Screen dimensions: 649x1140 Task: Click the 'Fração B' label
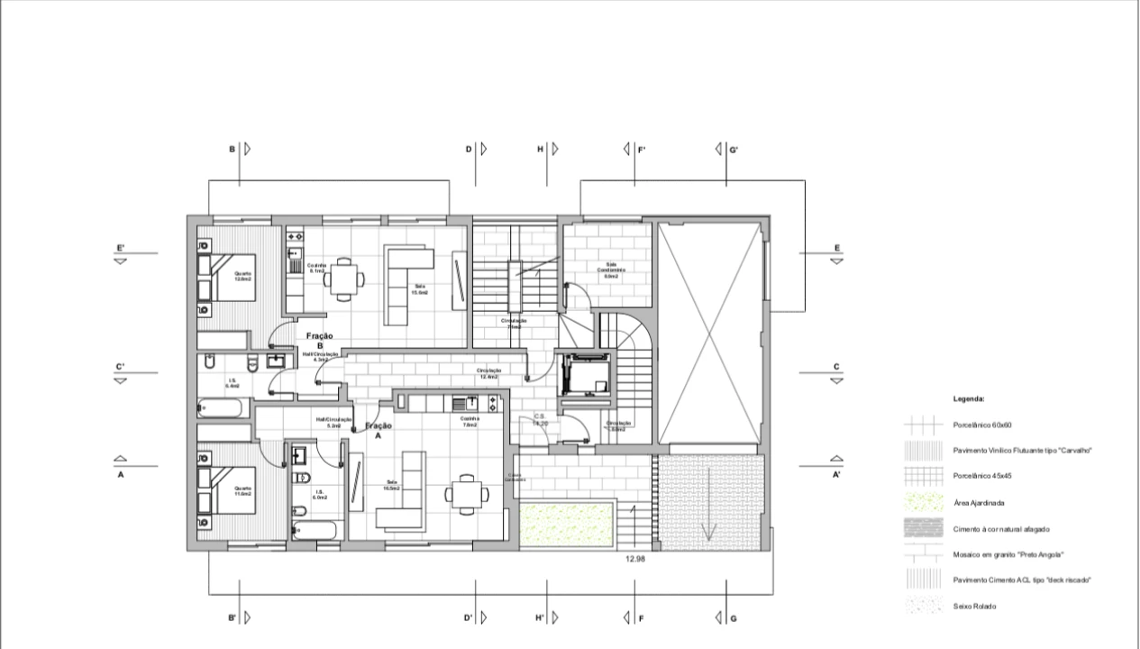coord(319,340)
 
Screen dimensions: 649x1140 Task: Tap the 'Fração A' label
coord(378,429)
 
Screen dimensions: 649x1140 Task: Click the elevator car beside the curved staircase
coord(584,374)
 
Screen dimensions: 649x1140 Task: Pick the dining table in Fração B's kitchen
coord(343,279)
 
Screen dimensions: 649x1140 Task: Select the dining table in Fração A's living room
coord(467,493)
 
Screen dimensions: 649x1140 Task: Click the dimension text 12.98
coord(635,559)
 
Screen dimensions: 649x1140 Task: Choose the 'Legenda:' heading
coord(969,398)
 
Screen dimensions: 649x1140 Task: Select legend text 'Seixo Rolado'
coord(974,607)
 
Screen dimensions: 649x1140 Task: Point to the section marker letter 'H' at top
coord(540,149)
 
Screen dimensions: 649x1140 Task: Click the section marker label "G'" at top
coord(734,150)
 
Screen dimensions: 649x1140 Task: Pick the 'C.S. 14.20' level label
coord(540,419)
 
